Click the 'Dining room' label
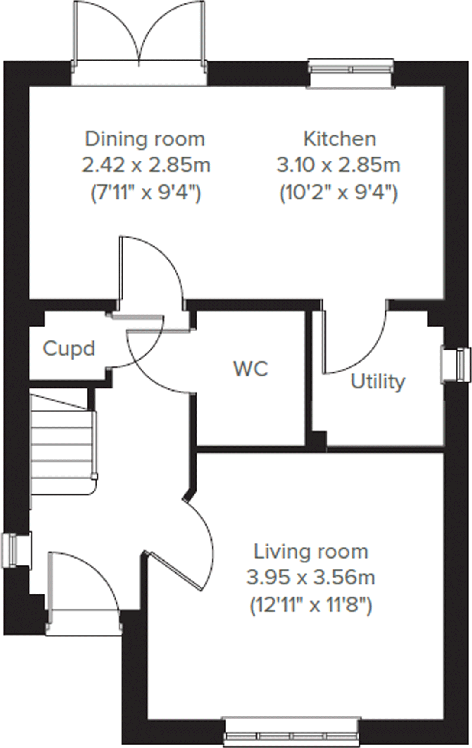(x=145, y=139)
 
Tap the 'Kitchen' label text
(x=339, y=139)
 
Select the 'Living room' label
(x=310, y=552)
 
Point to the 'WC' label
(x=251, y=369)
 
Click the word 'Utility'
(x=378, y=382)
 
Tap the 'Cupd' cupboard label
(x=69, y=349)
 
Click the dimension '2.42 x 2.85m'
(x=146, y=165)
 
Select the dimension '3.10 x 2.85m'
(x=338, y=165)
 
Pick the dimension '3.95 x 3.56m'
(x=310, y=578)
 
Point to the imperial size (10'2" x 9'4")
(x=338, y=192)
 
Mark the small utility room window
(x=455, y=365)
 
